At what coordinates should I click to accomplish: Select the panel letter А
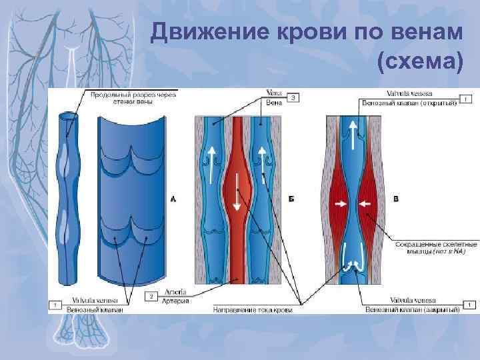[173, 199]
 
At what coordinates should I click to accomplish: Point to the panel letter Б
[291, 199]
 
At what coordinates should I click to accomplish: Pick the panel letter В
[397, 199]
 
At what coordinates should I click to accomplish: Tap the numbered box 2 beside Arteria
[152, 295]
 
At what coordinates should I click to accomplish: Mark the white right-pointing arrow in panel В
[342, 203]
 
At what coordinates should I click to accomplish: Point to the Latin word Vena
[273, 93]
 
